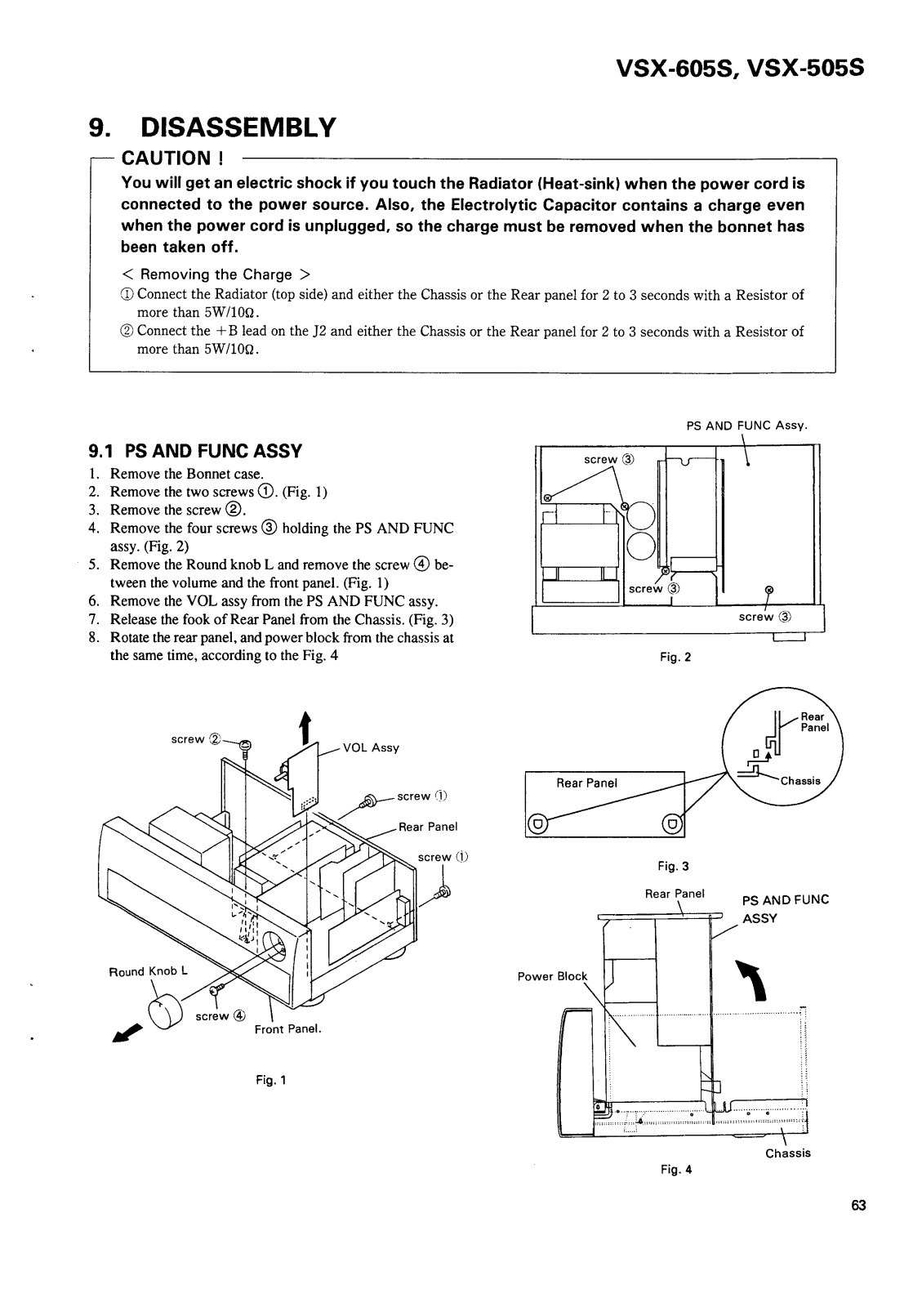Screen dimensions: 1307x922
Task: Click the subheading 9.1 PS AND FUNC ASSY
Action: (x=195, y=451)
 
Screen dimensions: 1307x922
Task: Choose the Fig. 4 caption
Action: (x=676, y=1169)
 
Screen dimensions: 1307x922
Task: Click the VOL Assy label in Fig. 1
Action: (x=371, y=747)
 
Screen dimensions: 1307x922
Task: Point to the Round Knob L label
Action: (x=149, y=971)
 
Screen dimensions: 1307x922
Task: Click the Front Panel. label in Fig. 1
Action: (x=288, y=1029)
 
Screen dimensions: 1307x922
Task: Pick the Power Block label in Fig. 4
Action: (x=552, y=976)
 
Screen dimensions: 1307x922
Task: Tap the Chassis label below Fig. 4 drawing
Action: (x=787, y=1153)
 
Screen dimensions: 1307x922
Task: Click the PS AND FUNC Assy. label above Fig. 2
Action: (x=746, y=426)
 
